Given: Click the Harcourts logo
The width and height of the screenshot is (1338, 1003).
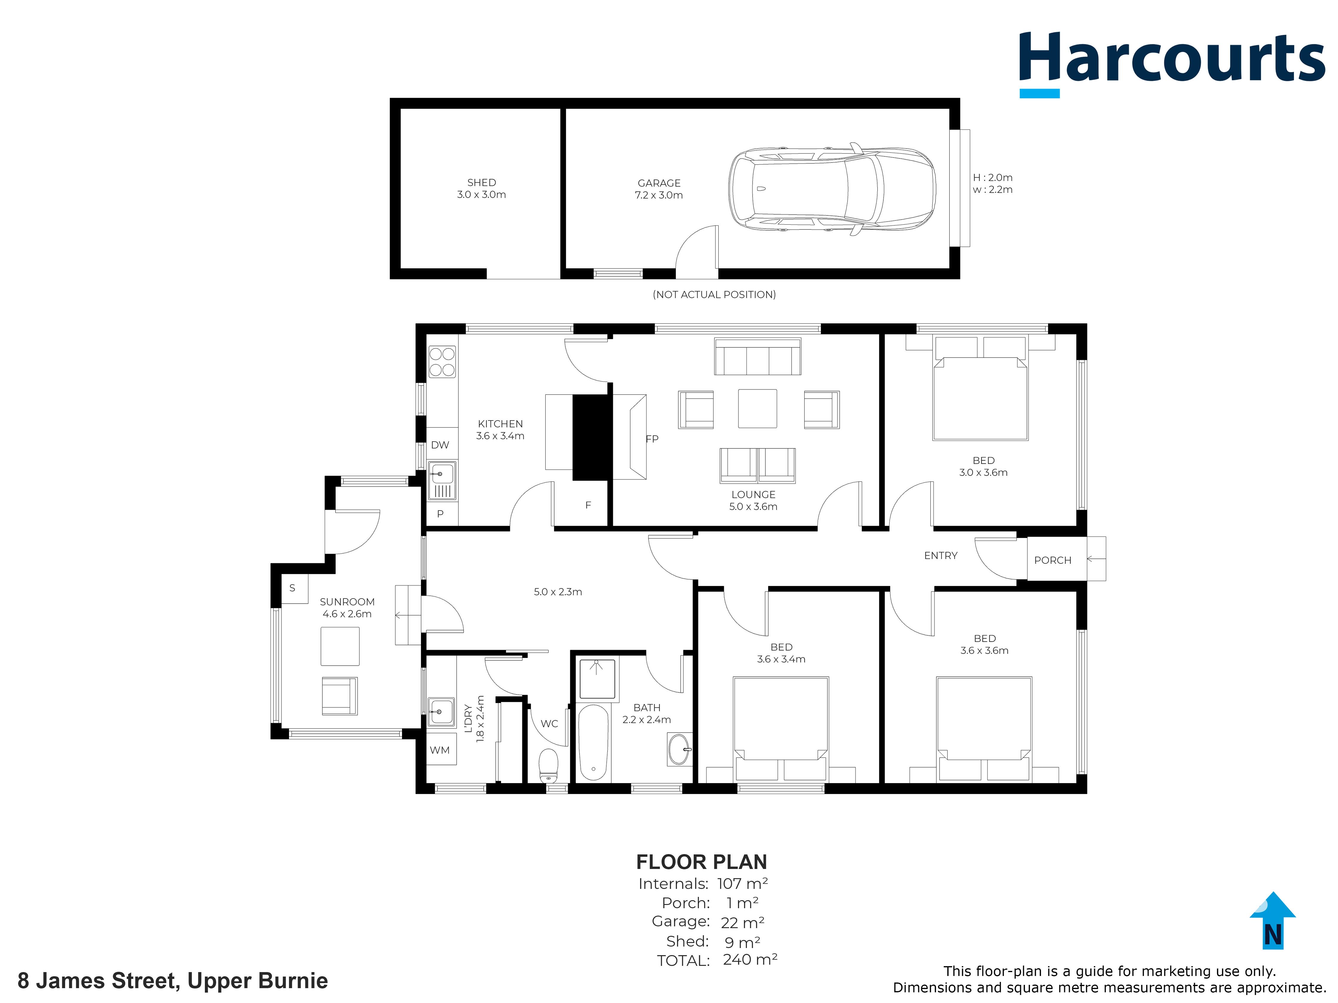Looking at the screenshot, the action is pos(1172,64).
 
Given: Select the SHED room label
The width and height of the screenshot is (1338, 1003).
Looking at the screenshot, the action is pos(481,182).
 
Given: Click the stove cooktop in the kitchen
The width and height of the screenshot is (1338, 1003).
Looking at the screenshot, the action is pos(442,362).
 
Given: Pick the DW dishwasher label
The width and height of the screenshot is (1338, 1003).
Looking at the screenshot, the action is pos(440,445).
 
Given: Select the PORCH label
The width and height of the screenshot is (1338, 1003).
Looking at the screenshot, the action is pos(1053,560).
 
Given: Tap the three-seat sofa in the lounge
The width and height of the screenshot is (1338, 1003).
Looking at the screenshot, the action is pos(758,357).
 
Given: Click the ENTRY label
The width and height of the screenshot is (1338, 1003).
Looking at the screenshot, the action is pos(940,556).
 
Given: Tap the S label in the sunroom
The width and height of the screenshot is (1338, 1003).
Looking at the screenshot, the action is pos(292,588).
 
